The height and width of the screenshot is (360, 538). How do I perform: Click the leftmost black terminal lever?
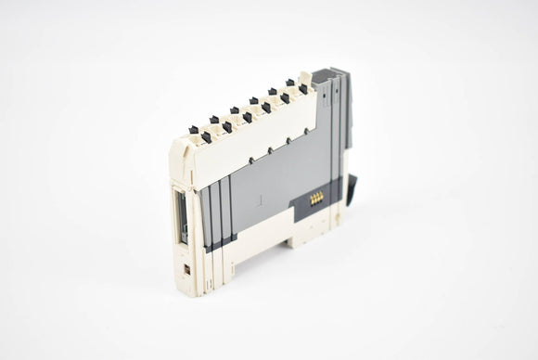[194, 130]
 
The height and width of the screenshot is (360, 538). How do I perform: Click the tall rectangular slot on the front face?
[181, 214]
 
